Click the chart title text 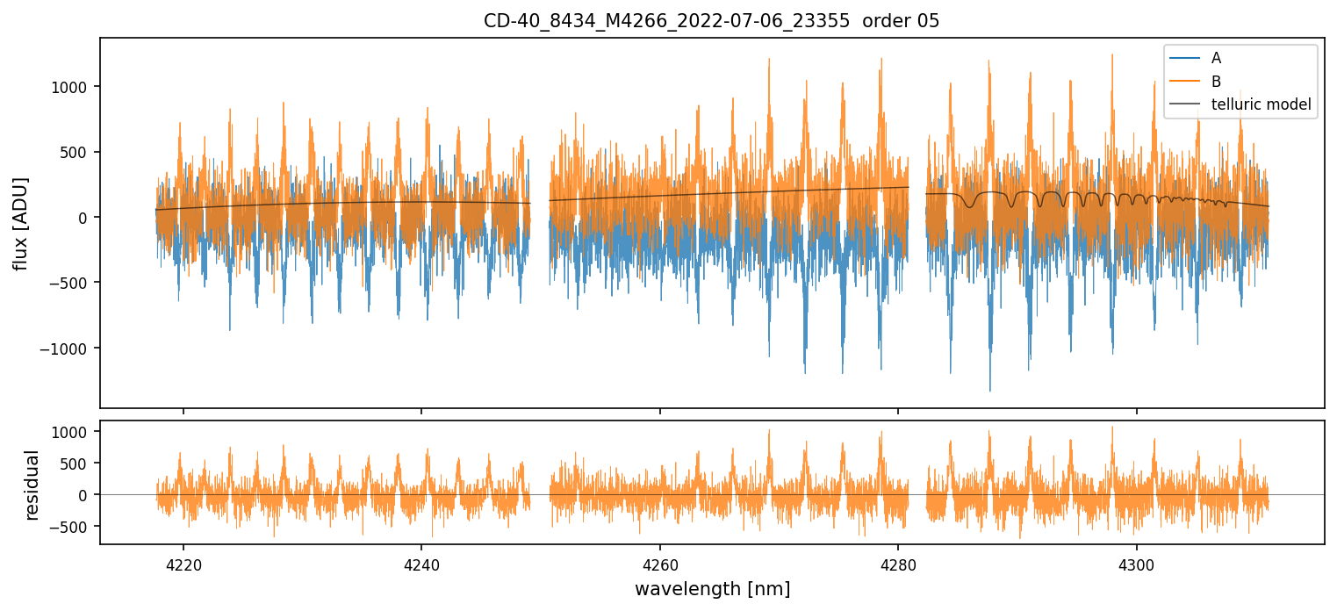pyautogui.click(x=711, y=21)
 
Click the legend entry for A pyautogui.click(x=1216, y=58)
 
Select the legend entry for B pyautogui.click(x=1216, y=82)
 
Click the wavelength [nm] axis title pyautogui.click(x=712, y=588)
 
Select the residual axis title pyautogui.click(x=32, y=485)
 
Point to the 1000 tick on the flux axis pyautogui.click(x=75, y=87)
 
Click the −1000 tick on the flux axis pyautogui.click(x=71, y=349)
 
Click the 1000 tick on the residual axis pyautogui.click(x=75, y=432)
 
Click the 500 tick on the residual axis pyautogui.click(x=79, y=464)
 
